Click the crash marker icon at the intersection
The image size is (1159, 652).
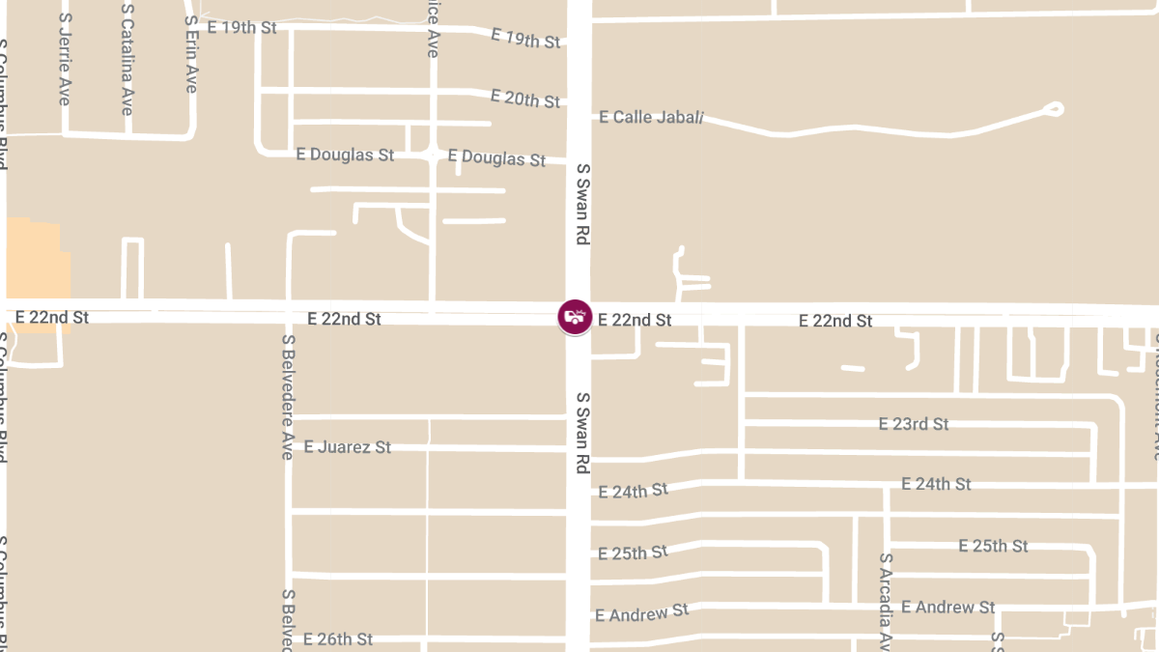pyautogui.click(x=575, y=317)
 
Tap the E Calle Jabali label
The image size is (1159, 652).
pyautogui.click(x=651, y=117)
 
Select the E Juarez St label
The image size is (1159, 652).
pyautogui.click(x=347, y=447)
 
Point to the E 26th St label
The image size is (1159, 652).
pyautogui.click(x=337, y=639)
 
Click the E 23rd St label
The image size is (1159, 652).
pyautogui.click(x=913, y=424)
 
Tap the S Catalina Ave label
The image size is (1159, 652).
pyautogui.click(x=127, y=60)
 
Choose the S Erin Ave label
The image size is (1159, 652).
pyautogui.click(x=191, y=56)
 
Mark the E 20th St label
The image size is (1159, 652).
pyautogui.click(x=524, y=99)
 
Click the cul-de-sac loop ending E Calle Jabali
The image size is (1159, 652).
pyautogui.click(x=1053, y=109)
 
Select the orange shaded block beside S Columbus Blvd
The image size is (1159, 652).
pyautogui.click(x=39, y=261)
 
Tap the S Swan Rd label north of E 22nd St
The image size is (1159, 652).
pyautogui.click(x=582, y=207)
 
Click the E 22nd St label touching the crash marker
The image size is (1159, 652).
pyautogui.click(x=635, y=320)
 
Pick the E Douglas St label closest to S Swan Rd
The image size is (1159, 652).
pyautogui.click(x=497, y=157)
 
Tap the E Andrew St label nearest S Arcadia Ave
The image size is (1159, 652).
pyautogui.click(x=947, y=608)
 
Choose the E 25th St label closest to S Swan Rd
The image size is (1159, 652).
pyautogui.click(x=633, y=553)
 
